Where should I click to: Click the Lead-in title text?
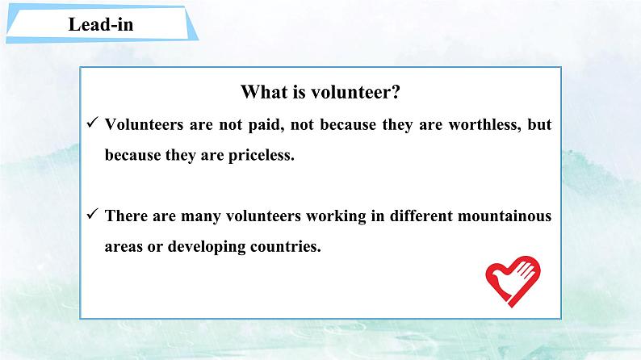101,24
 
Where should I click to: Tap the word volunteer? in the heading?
356,91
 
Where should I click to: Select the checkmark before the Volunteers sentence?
92,122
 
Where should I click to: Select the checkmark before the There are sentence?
92,213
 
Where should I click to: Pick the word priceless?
262,156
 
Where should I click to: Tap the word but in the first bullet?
539,124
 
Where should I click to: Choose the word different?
421,216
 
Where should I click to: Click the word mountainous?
505,216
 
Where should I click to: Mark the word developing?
206,247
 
